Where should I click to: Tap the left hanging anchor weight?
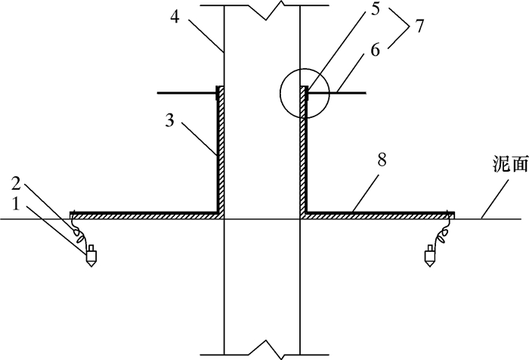[x=90, y=256]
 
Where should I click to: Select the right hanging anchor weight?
[x=428, y=256]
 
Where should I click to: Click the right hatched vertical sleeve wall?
[x=305, y=151]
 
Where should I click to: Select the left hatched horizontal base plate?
[x=144, y=216]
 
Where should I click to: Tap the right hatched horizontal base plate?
[x=378, y=216]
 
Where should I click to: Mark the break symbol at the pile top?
[x=261, y=8]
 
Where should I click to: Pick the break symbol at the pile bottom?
[x=261, y=350]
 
